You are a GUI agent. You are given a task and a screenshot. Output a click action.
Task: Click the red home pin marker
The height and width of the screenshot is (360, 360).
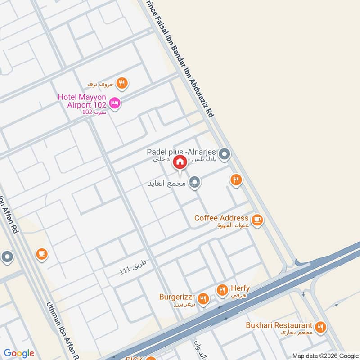click(180, 162)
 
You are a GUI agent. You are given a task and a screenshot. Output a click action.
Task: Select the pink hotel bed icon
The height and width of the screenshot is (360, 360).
click(115, 103)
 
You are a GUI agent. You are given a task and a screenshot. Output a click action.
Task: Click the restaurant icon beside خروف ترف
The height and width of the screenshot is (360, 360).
click(121, 83)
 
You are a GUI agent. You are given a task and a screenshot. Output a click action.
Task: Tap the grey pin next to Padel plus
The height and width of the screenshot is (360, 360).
click(225, 155)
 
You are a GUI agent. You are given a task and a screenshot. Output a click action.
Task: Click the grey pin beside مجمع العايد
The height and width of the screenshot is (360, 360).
click(194, 182)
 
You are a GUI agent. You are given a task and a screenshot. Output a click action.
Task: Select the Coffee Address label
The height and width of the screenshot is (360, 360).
click(221, 218)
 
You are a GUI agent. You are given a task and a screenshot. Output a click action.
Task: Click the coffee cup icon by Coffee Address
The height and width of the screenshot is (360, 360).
click(257, 220)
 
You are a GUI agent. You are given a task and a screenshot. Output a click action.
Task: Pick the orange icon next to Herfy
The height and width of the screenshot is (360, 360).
click(222, 291)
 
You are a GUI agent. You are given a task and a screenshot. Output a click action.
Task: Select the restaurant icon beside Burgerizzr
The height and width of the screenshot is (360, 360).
click(203, 298)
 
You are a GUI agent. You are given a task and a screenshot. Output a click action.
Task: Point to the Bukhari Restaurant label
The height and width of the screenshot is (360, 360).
click(279, 325)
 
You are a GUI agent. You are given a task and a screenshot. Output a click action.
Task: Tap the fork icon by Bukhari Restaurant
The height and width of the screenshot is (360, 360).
click(320, 327)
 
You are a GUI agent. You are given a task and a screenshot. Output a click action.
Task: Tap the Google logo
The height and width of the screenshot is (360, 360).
click(19, 353)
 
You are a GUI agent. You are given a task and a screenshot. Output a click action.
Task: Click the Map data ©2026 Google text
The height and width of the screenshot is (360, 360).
click(325, 355)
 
